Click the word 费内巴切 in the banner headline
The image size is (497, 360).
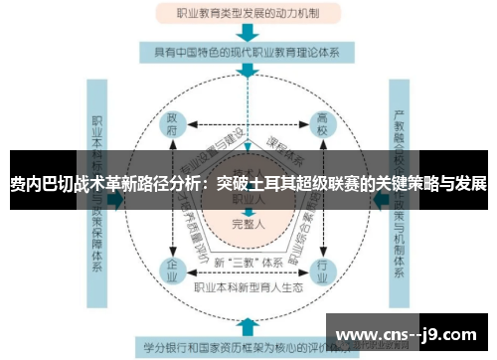tap(41, 185)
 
